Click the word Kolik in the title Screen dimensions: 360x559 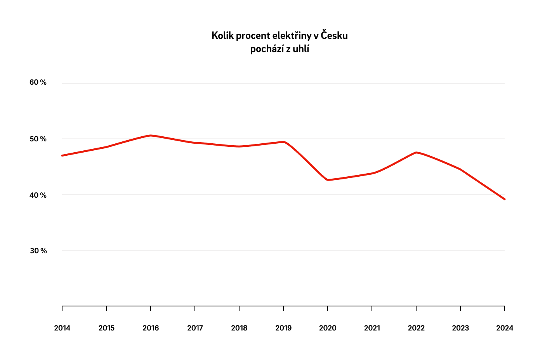click(x=222, y=36)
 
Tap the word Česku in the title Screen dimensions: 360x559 click(x=334, y=36)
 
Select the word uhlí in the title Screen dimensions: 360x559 click(x=301, y=49)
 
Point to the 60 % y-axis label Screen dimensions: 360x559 click(x=38, y=82)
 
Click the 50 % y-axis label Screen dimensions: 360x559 click(x=38, y=139)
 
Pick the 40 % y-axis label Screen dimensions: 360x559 click(x=38, y=195)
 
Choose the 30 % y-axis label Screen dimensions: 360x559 click(x=38, y=251)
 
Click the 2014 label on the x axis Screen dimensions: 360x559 click(x=62, y=328)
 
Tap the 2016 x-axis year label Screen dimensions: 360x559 click(x=151, y=328)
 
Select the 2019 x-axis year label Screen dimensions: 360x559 click(x=283, y=328)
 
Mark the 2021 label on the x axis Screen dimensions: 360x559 click(x=372, y=328)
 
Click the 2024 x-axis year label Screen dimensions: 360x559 click(x=505, y=328)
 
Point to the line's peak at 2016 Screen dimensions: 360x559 click(x=151, y=136)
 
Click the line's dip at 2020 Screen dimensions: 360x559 click(x=328, y=180)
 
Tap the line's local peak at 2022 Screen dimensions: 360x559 click(x=416, y=152)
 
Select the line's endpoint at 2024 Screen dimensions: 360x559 click(x=504, y=199)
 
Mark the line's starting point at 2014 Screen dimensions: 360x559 click(x=62, y=155)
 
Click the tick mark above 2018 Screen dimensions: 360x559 click(x=239, y=308)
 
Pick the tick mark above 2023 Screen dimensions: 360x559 click(x=460, y=308)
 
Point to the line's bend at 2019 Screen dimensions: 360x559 click(x=284, y=142)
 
